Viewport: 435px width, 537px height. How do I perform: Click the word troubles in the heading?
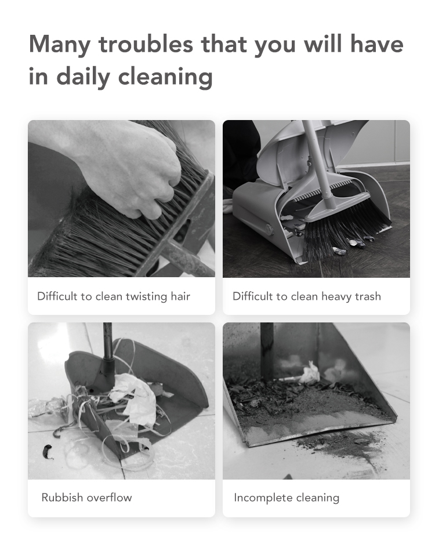(x=146, y=44)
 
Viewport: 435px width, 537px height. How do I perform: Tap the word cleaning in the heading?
(x=165, y=77)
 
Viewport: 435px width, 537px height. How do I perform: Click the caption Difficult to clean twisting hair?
(x=113, y=296)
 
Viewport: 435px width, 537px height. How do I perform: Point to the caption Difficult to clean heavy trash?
(x=307, y=296)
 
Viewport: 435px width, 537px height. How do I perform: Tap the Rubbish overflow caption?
(x=86, y=497)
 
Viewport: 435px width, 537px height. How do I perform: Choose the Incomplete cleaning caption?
(x=287, y=498)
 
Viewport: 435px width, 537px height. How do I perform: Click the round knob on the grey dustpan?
(x=267, y=228)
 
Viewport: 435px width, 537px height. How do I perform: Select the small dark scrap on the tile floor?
(x=47, y=451)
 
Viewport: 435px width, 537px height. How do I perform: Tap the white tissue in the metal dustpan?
(x=310, y=373)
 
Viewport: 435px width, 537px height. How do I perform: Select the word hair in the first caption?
(x=180, y=296)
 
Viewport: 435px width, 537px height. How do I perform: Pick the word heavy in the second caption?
(x=337, y=296)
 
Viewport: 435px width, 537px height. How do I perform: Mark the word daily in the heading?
(x=84, y=77)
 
